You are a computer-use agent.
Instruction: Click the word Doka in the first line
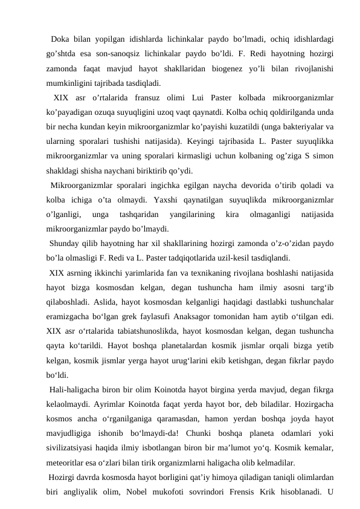(x=62, y=41)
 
